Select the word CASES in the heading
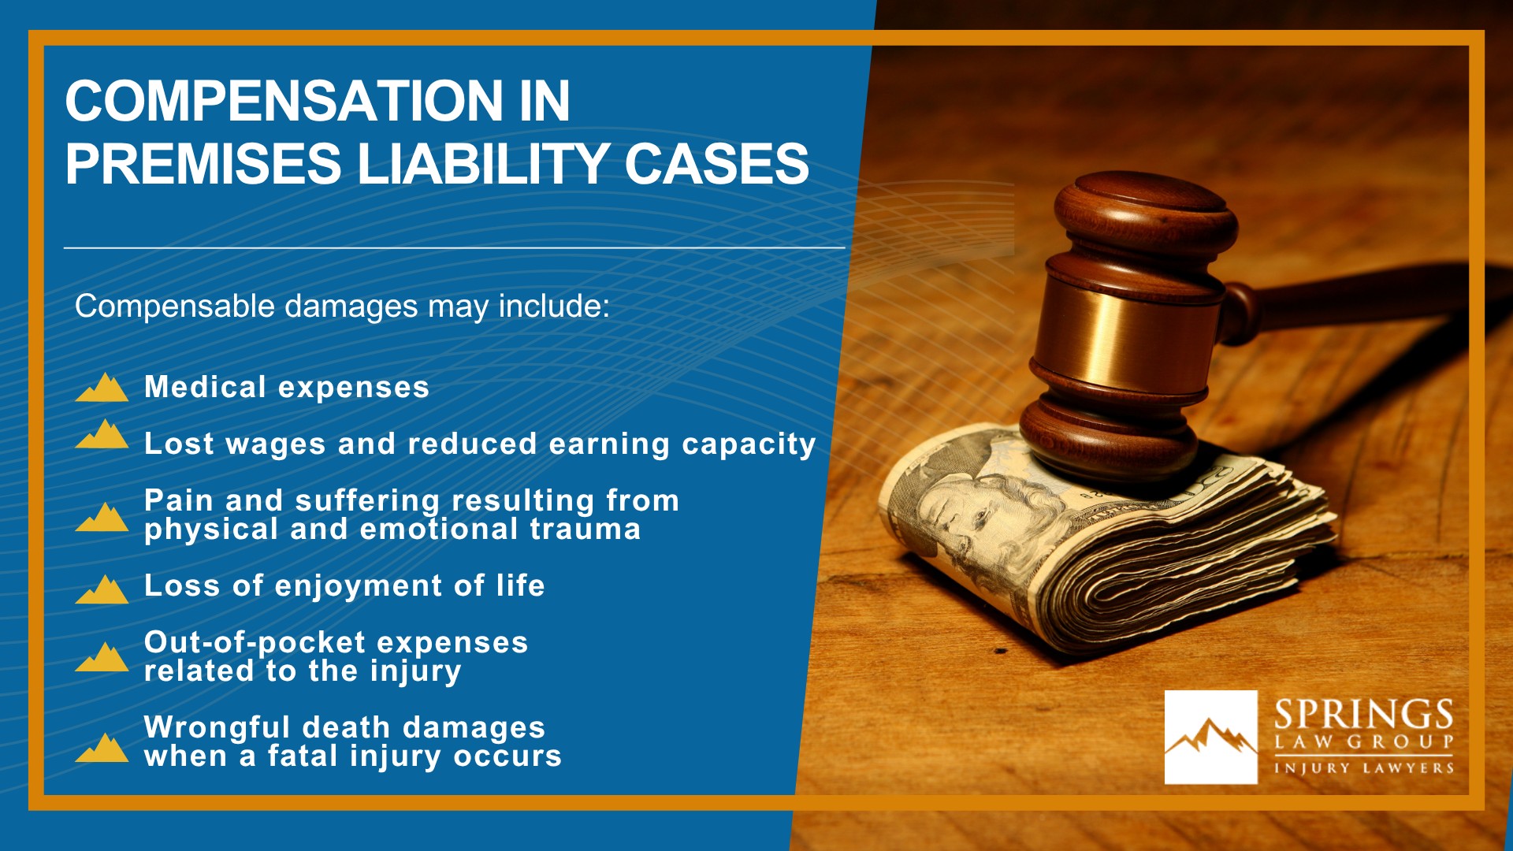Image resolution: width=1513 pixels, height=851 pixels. [x=716, y=165]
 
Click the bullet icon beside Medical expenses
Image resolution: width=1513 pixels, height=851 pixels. [x=102, y=388]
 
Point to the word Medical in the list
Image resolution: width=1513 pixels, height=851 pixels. [x=205, y=387]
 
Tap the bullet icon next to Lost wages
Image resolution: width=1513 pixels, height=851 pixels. [x=102, y=434]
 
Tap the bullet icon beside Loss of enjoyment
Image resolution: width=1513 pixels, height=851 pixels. [x=102, y=589]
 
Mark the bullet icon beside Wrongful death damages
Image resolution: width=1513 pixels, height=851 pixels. [x=102, y=748]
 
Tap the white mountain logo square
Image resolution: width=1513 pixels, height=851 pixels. [x=1210, y=737]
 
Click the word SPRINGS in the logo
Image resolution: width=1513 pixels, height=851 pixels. [x=1363, y=715]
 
